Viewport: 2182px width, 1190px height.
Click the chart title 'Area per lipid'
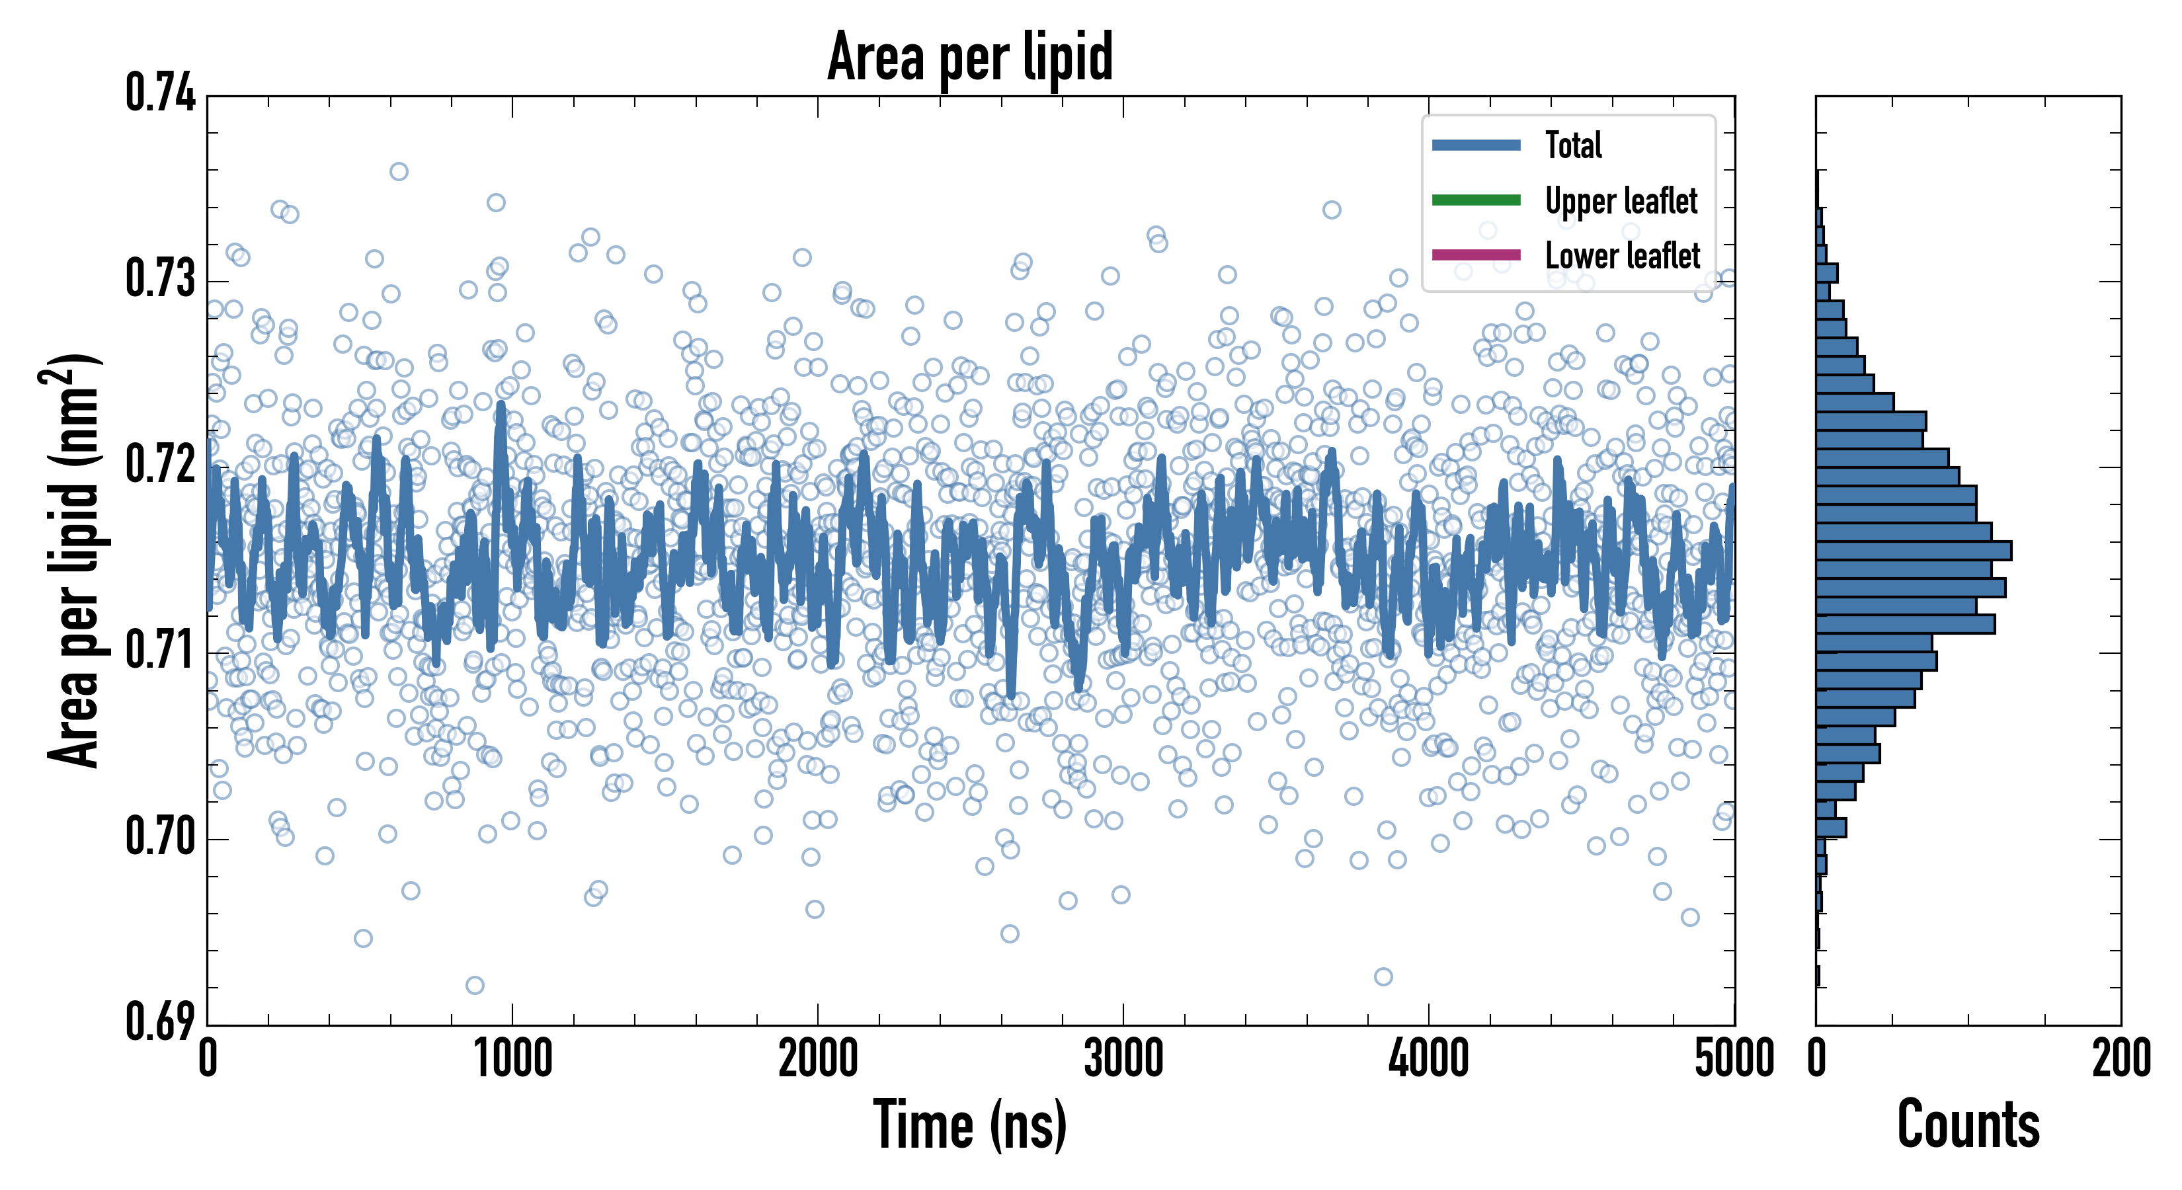click(x=970, y=57)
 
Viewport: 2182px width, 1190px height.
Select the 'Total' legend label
click(x=1573, y=145)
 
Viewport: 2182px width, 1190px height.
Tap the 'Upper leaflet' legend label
click(x=1621, y=201)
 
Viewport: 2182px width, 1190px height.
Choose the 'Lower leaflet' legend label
click(x=1622, y=255)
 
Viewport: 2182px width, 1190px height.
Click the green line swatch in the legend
click(x=1476, y=200)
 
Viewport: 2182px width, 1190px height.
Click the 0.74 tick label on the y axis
click(x=160, y=93)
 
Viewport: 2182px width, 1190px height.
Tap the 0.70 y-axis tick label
click(x=160, y=837)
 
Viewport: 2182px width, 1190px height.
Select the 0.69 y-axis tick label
click(x=160, y=1021)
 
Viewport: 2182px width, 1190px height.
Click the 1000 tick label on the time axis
click(x=512, y=1058)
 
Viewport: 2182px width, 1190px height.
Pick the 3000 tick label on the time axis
click(x=1123, y=1058)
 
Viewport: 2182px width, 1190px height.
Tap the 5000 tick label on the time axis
click(x=1734, y=1058)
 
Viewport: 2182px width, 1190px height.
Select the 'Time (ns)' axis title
click(x=970, y=1125)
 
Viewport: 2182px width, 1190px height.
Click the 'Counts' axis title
click(x=1968, y=1125)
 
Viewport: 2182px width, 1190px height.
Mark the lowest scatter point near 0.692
click(x=474, y=985)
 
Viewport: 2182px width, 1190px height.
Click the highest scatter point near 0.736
click(x=398, y=172)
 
